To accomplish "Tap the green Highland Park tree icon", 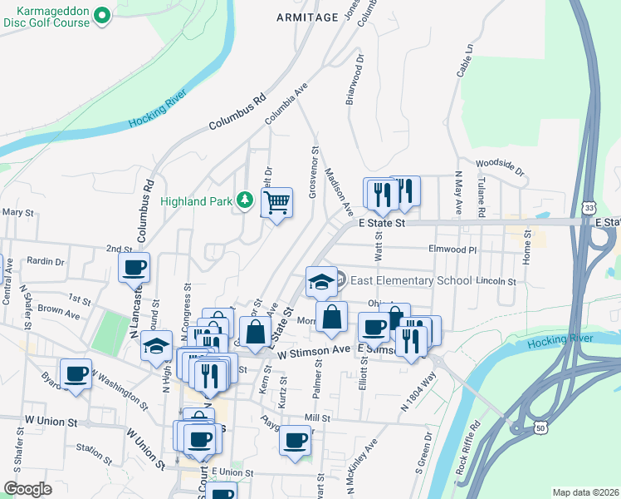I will (245, 200).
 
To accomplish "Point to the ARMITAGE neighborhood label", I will (307, 17).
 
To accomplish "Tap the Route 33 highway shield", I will (588, 206).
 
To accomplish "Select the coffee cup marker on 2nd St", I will (134, 268).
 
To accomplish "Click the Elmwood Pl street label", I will (452, 249).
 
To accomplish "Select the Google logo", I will (27, 488).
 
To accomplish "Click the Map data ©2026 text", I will (586, 492).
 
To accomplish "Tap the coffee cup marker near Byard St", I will (76, 373).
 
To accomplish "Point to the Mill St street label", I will (316, 418).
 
